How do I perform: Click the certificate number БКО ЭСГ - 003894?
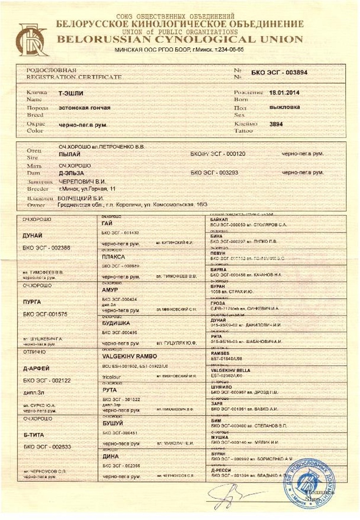tap(279, 73)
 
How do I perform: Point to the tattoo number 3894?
tap(276, 124)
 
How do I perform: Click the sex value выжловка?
tap(285, 107)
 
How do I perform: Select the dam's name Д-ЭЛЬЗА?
tap(71, 172)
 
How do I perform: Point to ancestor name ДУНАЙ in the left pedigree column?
tap(33, 235)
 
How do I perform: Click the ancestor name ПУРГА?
tap(32, 302)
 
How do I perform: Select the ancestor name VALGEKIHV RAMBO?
tap(129, 356)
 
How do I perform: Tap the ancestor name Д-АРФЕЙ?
tap(36, 368)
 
